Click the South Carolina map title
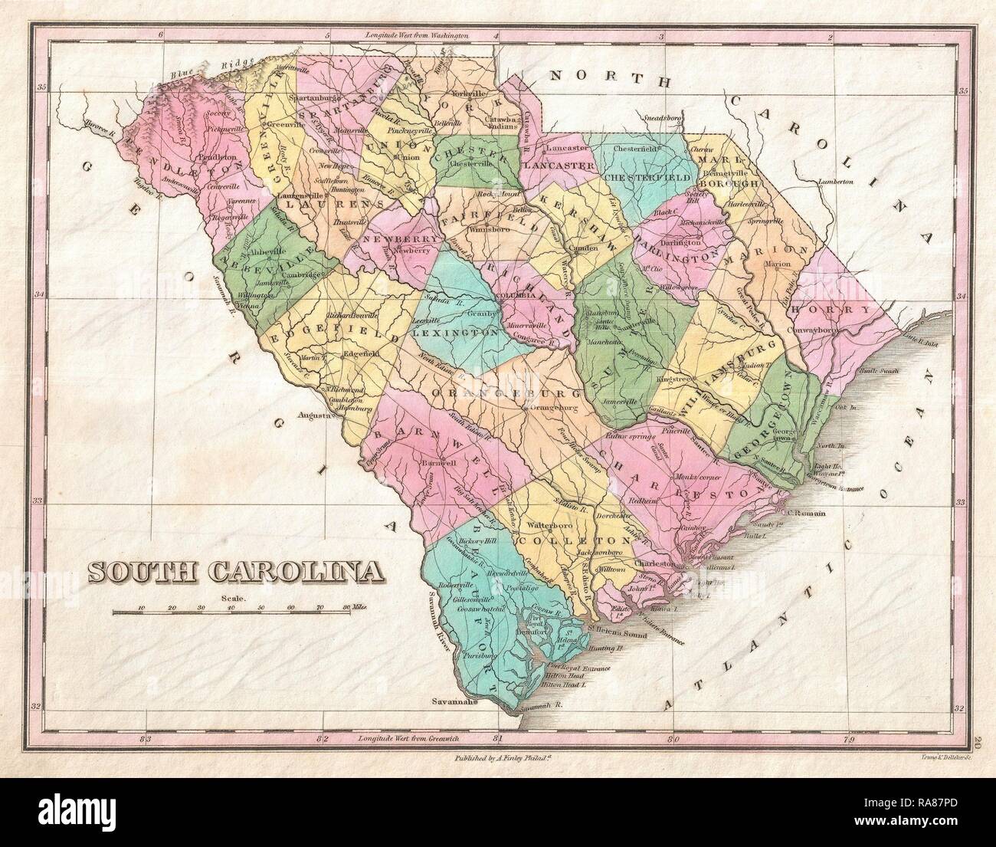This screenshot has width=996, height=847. click(x=235, y=571)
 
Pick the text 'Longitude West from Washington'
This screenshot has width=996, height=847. click(x=412, y=35)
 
